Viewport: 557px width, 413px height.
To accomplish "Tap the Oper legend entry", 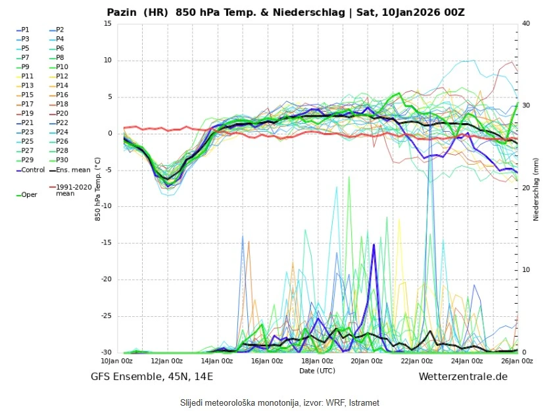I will click(x=30, y=194).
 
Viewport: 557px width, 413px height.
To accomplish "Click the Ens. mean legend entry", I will click(x=68, y=170).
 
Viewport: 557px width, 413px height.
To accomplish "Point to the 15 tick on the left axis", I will click(x=108, y=24).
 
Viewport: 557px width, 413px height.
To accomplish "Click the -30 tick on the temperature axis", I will click(x=105, y=352).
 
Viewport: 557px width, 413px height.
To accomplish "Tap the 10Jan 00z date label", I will click(x=118, y=361).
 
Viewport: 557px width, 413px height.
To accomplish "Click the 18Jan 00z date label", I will click(x=318, y=361).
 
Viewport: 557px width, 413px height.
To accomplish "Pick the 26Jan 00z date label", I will click(x=518, y=361).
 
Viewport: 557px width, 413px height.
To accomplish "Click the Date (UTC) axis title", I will click(x=317, y=370).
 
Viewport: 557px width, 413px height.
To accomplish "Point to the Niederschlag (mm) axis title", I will click(x=536, y=188).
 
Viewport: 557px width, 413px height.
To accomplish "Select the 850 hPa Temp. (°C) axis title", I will click(x=97, y=188).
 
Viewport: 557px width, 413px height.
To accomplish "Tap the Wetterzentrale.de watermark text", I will click(x=463, y=376).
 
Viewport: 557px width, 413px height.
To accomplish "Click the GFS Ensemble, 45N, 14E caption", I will click(x=152, y=376).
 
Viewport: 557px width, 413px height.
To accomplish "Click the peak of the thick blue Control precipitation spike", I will click(x=374, y=245).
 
